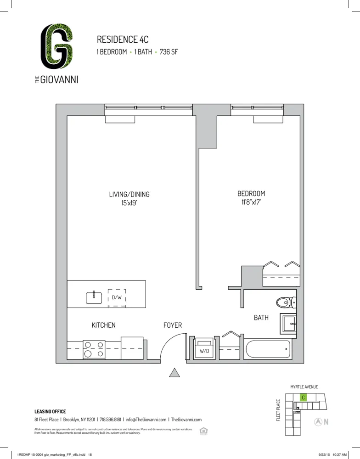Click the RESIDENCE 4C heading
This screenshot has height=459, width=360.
(x=123, y=39)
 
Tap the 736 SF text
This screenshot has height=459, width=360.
(x=169, y=52)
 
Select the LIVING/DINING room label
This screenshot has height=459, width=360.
(x=129, y=194)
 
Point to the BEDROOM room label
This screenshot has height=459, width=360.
(x=251, y=194)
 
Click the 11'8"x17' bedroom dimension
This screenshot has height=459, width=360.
(x=251, y=202)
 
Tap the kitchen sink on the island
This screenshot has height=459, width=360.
(x=94, y=297)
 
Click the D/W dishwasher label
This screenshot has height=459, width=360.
(x=117, y=297)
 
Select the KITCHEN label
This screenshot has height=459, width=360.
(x=103, y=325)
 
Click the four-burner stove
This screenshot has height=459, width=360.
(x=94, y=349)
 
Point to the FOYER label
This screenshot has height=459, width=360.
(x=173, y=325)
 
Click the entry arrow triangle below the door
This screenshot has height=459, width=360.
(x=174, y=373)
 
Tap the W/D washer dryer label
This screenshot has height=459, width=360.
(x=204, y=351)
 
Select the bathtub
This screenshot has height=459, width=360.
(x=268, y=350)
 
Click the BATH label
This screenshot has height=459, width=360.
(x=261, y=317)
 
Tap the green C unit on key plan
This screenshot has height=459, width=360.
(x=304, y=397)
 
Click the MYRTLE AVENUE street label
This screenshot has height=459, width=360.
(x=304, y=387)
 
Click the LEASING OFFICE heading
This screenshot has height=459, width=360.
(x=50, y=411)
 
